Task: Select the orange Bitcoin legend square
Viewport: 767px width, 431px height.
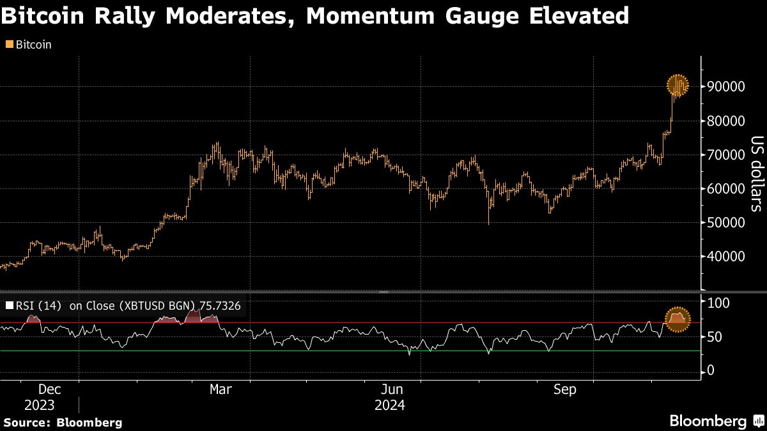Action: [x=9, y=45]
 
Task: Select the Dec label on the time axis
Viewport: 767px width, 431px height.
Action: [x=49, y=389]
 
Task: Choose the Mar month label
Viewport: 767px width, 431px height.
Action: [x=221, y=389]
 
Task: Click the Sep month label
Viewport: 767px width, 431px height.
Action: [x=565, y=389]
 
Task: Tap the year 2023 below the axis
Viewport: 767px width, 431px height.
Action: [x=40, y=405]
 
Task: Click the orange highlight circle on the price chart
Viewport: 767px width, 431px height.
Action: [x=678, y=85]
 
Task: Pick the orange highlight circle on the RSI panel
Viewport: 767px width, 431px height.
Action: [x=678, y=319]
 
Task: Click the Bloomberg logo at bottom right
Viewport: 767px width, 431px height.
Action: [x=708, y=421]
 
